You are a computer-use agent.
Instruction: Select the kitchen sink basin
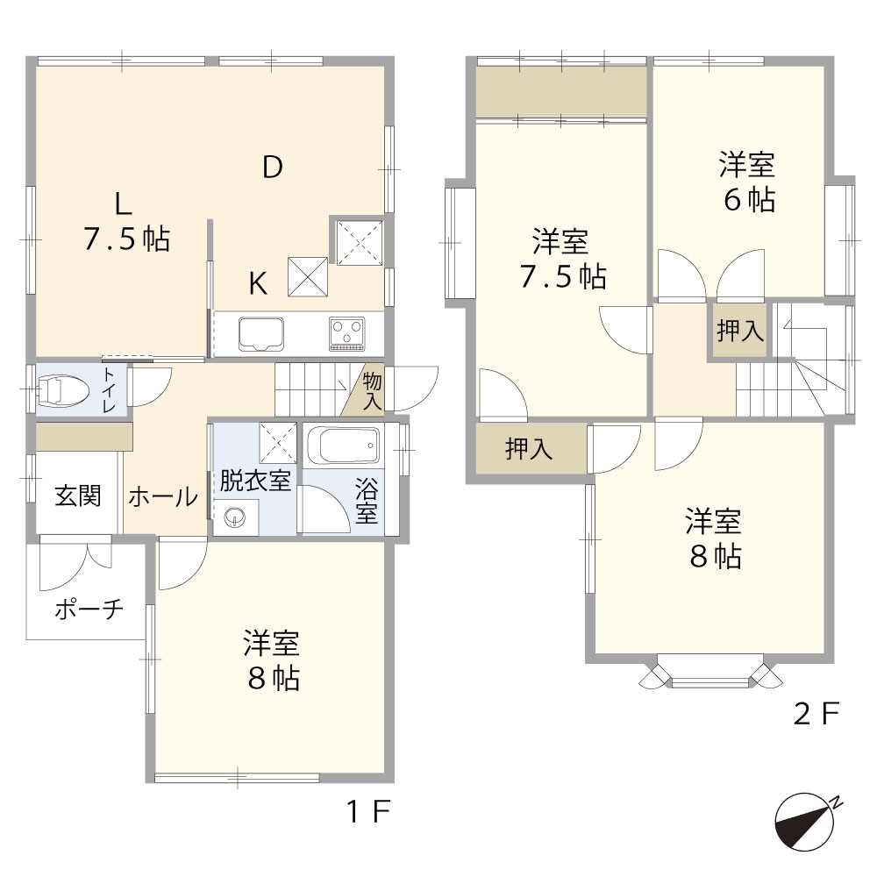pyautogui.click(x=260, y=334)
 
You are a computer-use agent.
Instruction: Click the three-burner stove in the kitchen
pyautogui.click(x=347, y=334)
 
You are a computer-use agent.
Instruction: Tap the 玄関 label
pyautogui.click(x=78, y=496)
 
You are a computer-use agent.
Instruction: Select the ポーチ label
pyautogui.click(x=89, y=609)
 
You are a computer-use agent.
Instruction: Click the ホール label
pyautogui.click(x=163, y=496)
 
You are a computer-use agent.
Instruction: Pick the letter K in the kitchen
pyautogui.click(x=258, y=283)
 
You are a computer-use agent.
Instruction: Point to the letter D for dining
pyautogui.click(x=273, y=167)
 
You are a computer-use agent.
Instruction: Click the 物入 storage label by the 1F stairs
pyautogui.click(x=372, y=391)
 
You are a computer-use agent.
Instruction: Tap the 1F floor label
pyautogui.click(x=368, y=811)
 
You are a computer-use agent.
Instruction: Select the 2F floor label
pyautogui.click(x=816, y=714)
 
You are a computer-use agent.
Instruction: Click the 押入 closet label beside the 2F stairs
pyautogui.click(x=740, y=331)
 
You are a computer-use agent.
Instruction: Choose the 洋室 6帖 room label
pyautogui.click(x=748, y=182)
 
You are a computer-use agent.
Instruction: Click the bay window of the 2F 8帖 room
pyautogui.click(x=710, y=671)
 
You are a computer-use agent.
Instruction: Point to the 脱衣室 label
pyautogui.click(x=255, y=481)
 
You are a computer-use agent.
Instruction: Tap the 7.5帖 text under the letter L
pyautogui.click(x=126, y=239)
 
